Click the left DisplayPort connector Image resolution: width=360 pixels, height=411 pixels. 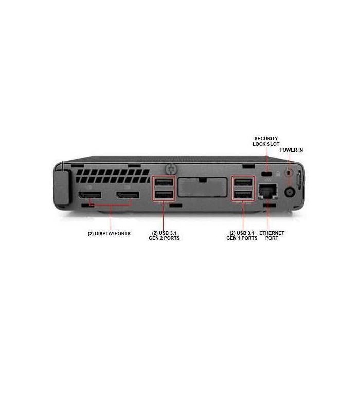[89, 195]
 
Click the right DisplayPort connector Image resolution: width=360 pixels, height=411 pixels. [128, 195]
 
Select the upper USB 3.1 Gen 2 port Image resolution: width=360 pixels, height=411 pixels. [164, 182]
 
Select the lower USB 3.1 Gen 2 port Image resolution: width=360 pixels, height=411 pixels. [164, 195]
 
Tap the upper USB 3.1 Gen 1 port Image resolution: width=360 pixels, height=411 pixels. [243, 182]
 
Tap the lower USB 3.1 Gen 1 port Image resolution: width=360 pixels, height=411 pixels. [243, 195]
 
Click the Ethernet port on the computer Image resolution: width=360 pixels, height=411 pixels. [267, 191]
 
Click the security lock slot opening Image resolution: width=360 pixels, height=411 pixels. [267, 174]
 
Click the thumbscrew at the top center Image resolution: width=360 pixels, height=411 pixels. [171, 170]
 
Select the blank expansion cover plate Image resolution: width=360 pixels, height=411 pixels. [202, 187]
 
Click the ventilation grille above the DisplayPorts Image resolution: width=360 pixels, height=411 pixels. [113, 176]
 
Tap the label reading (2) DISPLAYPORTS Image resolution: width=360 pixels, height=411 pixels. [109, 233]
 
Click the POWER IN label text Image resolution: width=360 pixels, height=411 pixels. [291, 150]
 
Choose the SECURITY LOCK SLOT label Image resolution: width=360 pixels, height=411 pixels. [266, 141]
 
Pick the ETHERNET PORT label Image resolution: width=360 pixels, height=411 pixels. [272, 235]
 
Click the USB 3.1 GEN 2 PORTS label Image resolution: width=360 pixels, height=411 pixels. [164, 235]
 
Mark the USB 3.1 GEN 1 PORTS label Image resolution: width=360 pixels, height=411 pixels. [242, 235]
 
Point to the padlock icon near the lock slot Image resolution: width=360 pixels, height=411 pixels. [278, 174]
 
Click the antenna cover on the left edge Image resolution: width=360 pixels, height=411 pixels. [62, 187]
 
